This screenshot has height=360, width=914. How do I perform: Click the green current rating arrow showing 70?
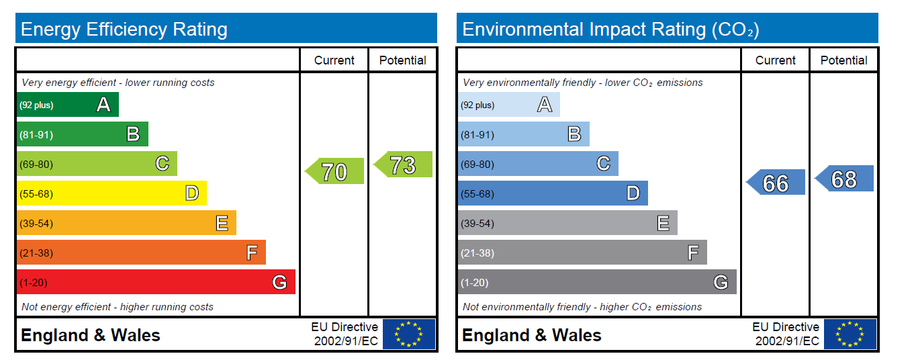pos(335,171)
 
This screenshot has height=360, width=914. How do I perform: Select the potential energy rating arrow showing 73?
pos(404,165)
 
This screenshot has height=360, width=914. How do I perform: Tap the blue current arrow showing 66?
pos(776,183)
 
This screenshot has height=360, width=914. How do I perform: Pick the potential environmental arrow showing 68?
pos(845,179)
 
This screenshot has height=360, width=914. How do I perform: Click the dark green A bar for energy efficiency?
pos(67,105)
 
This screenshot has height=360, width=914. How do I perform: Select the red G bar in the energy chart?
pos(155,282)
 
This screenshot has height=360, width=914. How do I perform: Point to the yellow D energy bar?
pos(111,193)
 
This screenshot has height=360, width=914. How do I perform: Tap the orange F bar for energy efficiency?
pos(140,253)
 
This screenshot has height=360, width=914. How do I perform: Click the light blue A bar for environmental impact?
pos(508,105)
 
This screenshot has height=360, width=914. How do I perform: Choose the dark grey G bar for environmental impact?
pos(596,282)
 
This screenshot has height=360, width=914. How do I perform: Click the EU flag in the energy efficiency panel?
pos(408,334)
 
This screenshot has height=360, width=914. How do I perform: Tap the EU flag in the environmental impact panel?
pos(850,334)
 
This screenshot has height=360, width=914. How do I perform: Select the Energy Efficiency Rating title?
pos(124,30)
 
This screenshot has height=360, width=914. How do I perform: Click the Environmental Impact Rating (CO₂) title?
pos(610,30)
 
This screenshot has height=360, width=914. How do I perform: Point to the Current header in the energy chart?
pos(334,60)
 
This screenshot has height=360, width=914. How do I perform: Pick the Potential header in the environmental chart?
pos(843,60)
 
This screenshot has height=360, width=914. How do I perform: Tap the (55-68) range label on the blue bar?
pos(477,194)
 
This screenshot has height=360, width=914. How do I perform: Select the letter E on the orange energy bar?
pos(222,223)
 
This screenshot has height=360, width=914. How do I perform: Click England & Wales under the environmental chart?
pos(531,335)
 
